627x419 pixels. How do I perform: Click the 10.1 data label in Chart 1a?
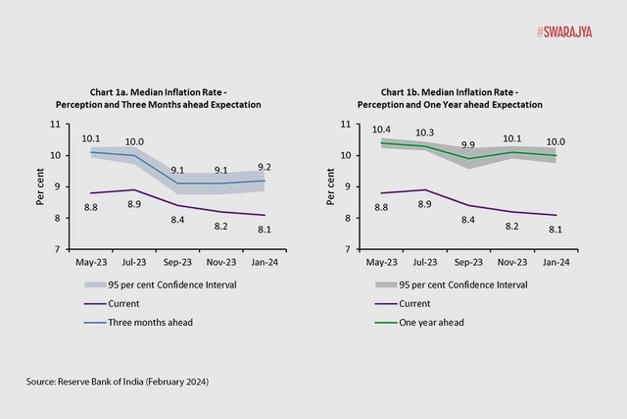(91, 139)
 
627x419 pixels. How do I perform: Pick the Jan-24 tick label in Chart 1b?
(556, 263)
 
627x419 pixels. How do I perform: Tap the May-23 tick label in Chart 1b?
(381, 263)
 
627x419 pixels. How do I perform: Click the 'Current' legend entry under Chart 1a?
(122, 302)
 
